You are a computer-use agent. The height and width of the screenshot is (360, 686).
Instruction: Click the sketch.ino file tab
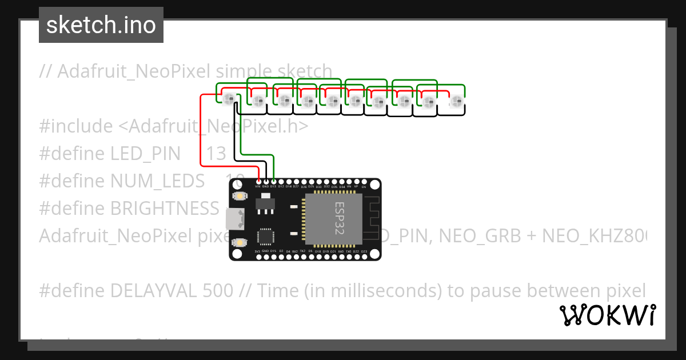101,25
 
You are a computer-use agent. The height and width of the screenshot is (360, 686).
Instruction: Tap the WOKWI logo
607,315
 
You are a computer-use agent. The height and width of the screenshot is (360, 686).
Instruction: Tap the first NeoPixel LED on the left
229,99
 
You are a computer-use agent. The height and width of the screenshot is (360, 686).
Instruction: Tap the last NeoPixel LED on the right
456,102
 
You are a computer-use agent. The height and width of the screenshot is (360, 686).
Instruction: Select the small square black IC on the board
265,237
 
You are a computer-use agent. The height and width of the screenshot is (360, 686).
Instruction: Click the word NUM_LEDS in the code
157,181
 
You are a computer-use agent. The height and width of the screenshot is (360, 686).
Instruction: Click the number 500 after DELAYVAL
218,291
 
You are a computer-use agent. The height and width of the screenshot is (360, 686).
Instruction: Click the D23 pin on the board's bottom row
364,257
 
